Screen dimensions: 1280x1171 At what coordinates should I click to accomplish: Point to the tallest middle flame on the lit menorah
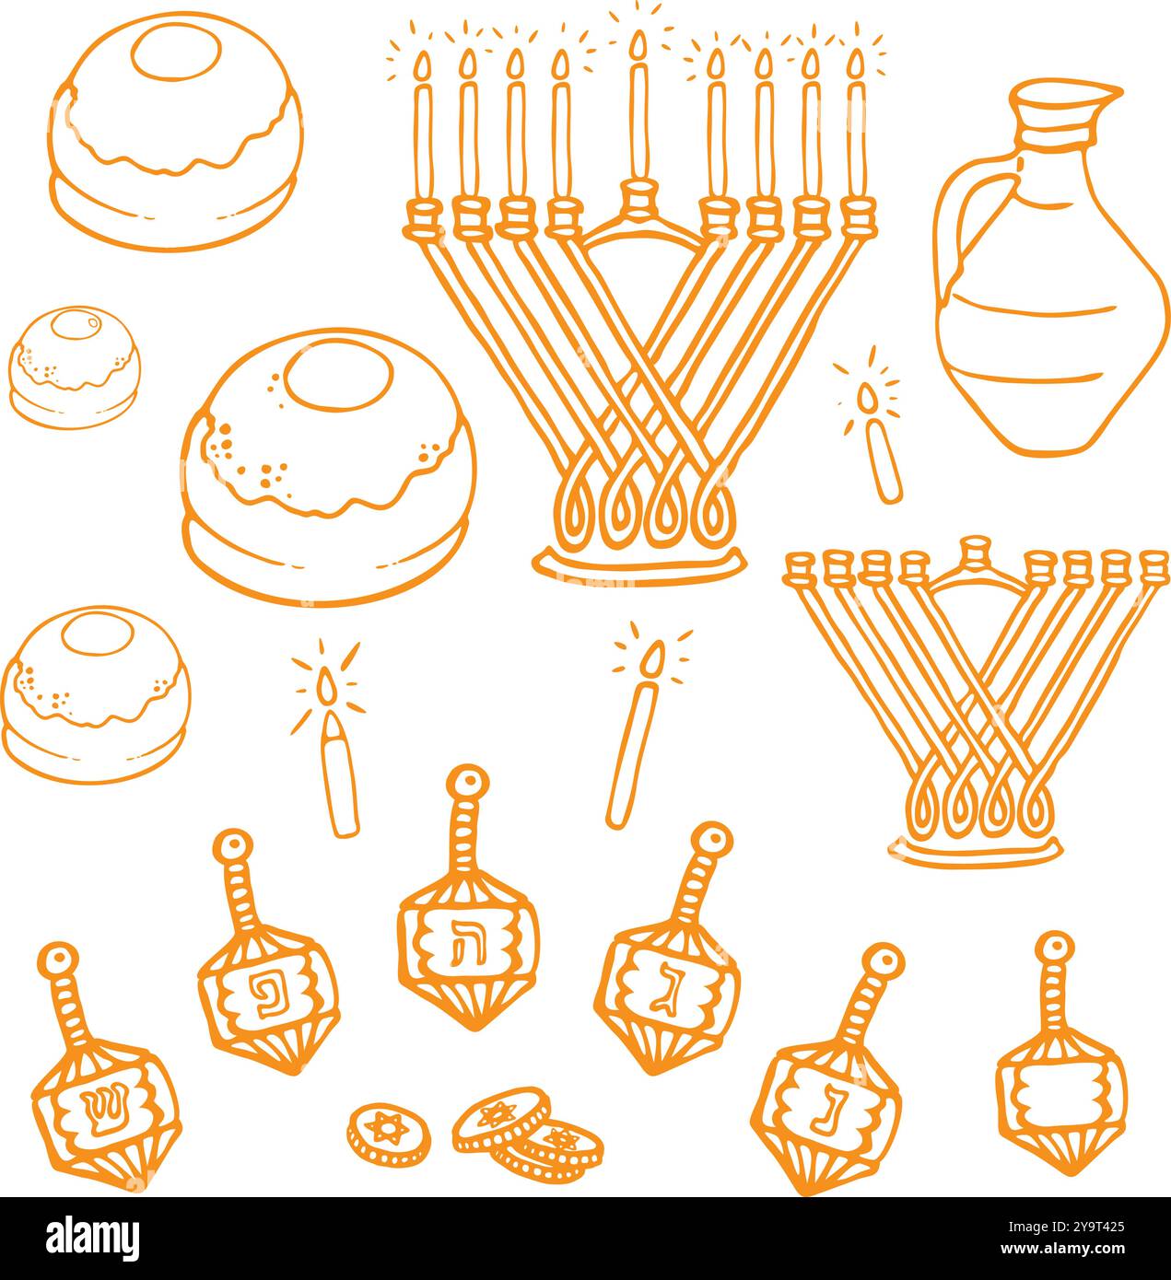click(x=638, y=46)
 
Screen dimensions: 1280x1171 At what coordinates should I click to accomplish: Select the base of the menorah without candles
click(x=975, y=848)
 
